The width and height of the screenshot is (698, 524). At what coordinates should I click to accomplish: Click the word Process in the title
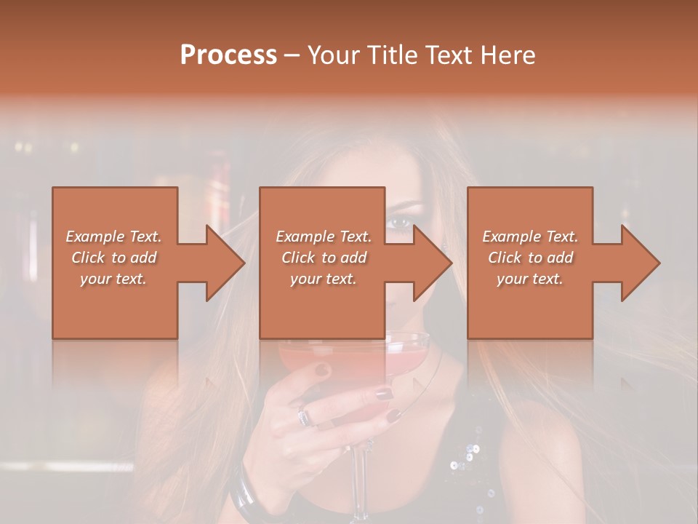click(x=228, y=55)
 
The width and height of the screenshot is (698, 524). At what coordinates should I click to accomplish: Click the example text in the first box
click(x=113, y=258)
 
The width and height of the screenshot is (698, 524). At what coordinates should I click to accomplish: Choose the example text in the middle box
click(x=324, y=258)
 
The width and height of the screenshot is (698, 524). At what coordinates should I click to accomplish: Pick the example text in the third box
click(x=530, y=258)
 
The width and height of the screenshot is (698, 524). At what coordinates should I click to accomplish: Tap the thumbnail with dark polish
click(x=321, y=370)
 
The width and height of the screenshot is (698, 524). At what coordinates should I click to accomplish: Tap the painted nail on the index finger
click(x=383, y=394)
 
